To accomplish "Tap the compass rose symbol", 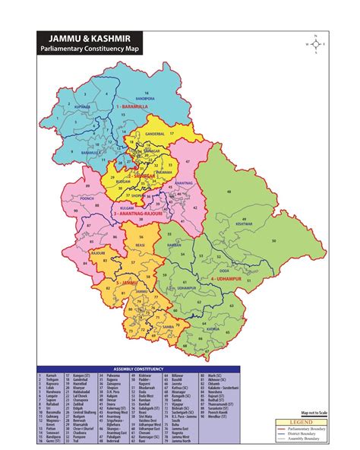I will click(314, 44).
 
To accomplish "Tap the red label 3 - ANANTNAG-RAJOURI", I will click(139, 215).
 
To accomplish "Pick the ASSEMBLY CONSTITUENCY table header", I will click(139, 369).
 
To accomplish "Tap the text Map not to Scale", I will click(314, 411).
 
